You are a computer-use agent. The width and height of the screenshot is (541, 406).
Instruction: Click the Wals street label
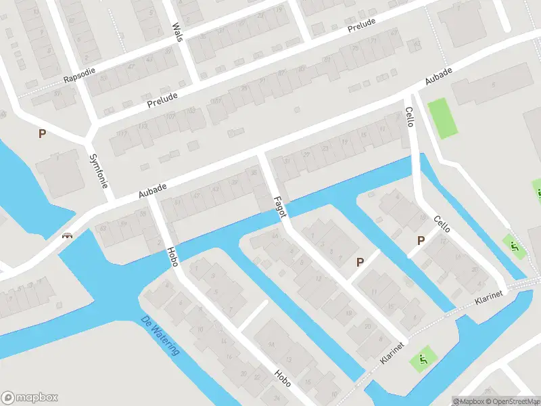(x=178, y=32)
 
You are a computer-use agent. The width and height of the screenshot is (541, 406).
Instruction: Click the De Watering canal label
(x=160, y=336)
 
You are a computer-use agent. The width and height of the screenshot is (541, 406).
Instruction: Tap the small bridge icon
(x=67, y=236)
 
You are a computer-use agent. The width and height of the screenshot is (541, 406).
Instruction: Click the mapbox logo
(x=30, y=398)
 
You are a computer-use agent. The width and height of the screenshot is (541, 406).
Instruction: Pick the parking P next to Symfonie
(x=42, y=134)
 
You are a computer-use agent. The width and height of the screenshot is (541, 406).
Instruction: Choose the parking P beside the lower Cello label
(x=421, y=240)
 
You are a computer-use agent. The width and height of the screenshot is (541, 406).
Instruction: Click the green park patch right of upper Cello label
(x=443, y=118)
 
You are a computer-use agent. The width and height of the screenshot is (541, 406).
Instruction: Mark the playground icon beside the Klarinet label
(x=424, y=359)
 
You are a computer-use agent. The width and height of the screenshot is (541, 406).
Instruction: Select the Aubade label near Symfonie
(x=152, y=189)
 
